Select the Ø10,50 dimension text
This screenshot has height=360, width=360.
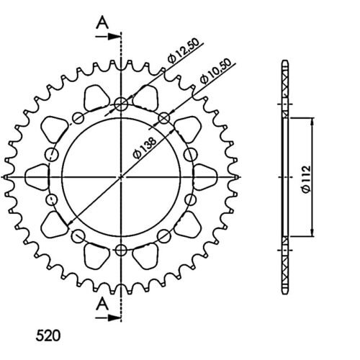click(216, 71)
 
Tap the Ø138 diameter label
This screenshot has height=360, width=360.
click(145, 148)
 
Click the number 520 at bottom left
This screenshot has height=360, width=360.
click(48, 336)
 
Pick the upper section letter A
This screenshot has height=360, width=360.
click(102, 22)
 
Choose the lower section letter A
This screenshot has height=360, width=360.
click(102, 304)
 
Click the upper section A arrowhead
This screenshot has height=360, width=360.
click(114, 37)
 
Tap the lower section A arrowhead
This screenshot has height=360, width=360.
click(114, 318)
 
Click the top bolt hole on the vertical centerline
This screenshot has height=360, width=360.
click(121, 104)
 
